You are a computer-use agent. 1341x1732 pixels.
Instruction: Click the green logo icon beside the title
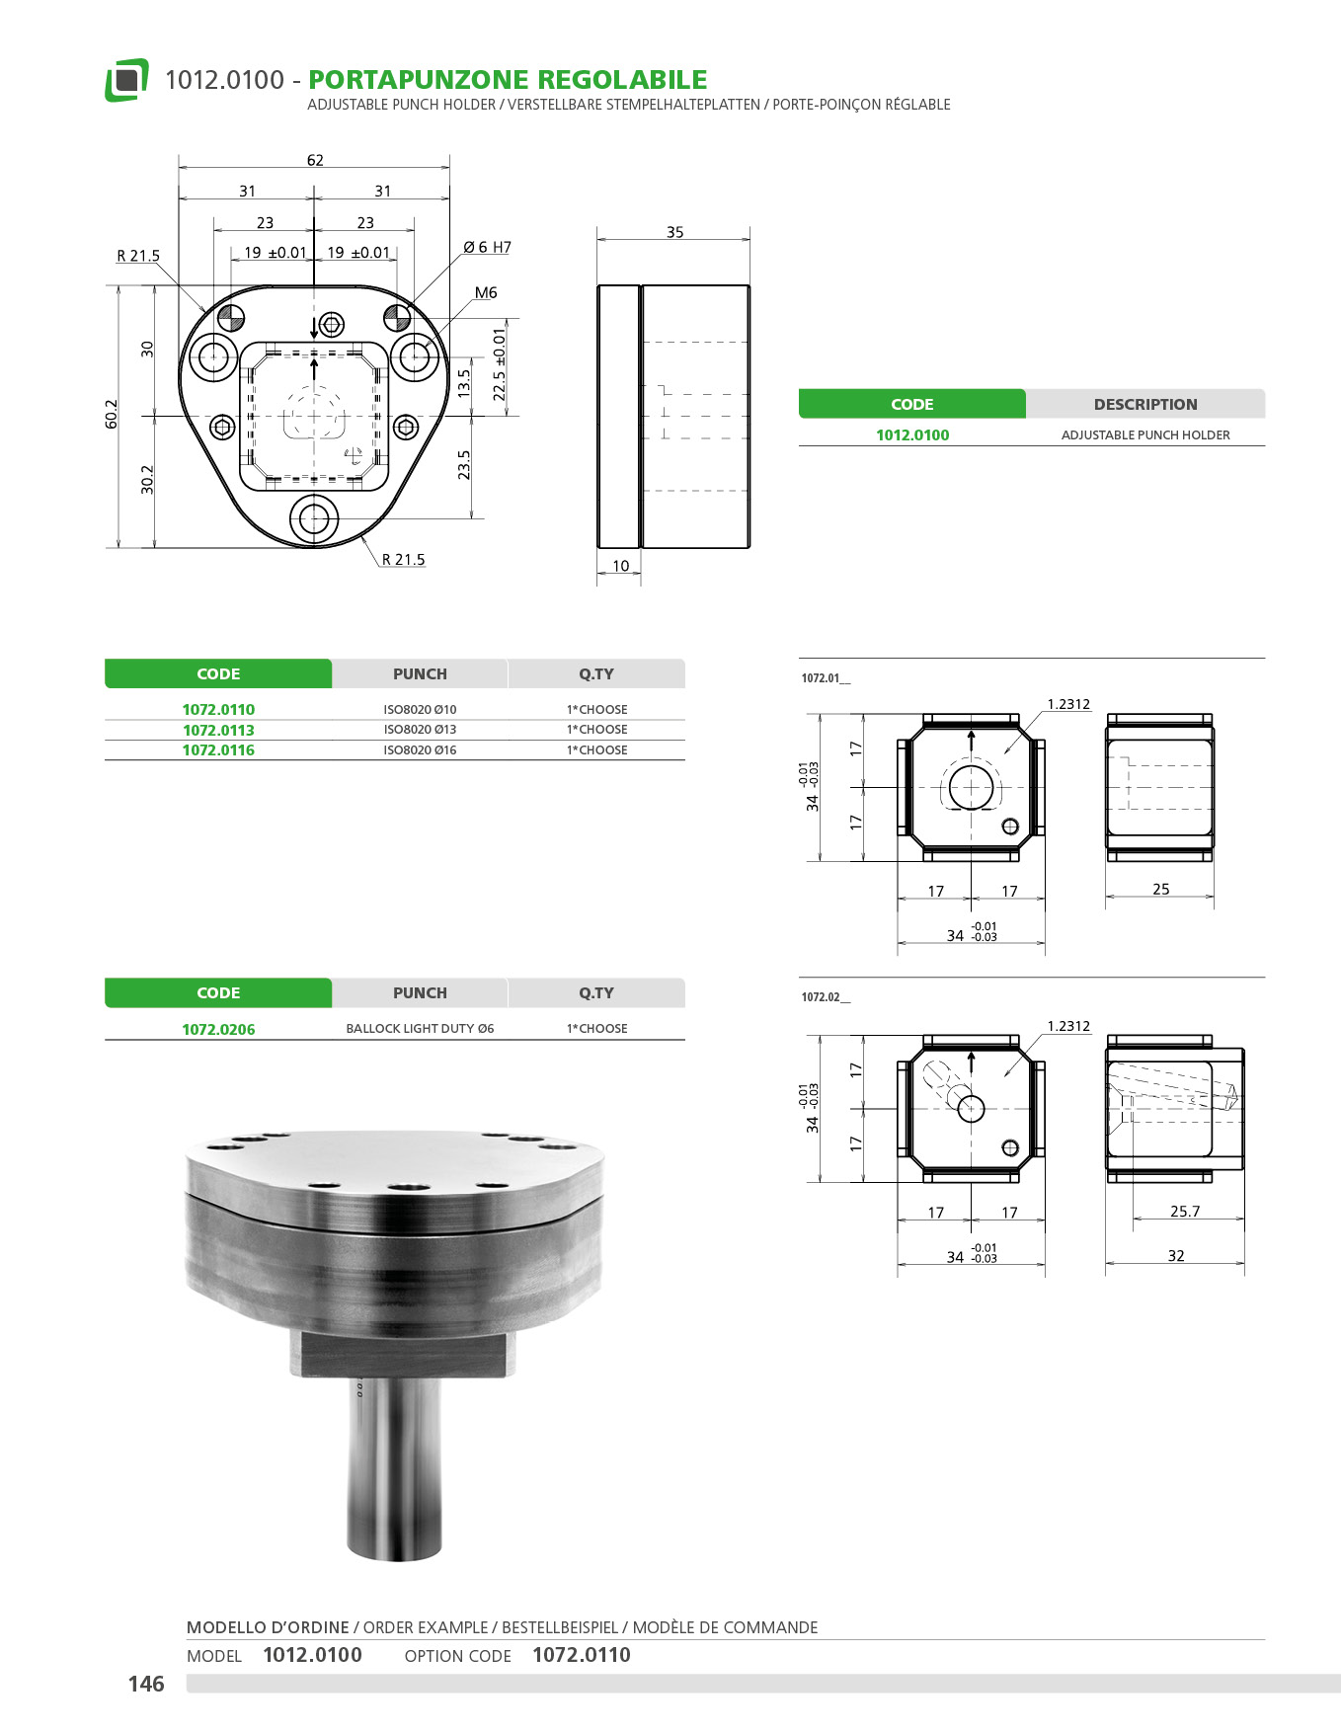[x=126, y=80]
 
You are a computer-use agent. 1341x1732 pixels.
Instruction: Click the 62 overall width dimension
[x=315, y=160]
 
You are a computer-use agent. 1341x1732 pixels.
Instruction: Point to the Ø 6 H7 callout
[x=488, y=247]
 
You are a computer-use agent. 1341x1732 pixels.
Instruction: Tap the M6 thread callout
[x=486, y=292]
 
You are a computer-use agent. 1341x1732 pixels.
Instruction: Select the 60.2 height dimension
[x=112, y=414]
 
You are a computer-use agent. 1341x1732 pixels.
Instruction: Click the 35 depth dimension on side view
[x=674, y=232]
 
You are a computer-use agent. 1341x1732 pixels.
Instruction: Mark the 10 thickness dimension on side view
[x=620, y=566]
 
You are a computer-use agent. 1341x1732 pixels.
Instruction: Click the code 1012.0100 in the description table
[x=912, y=434]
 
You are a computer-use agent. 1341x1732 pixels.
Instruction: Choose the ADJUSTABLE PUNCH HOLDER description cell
[x=1145, y=434]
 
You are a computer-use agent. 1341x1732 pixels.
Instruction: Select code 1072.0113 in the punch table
[x=218, y=730]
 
